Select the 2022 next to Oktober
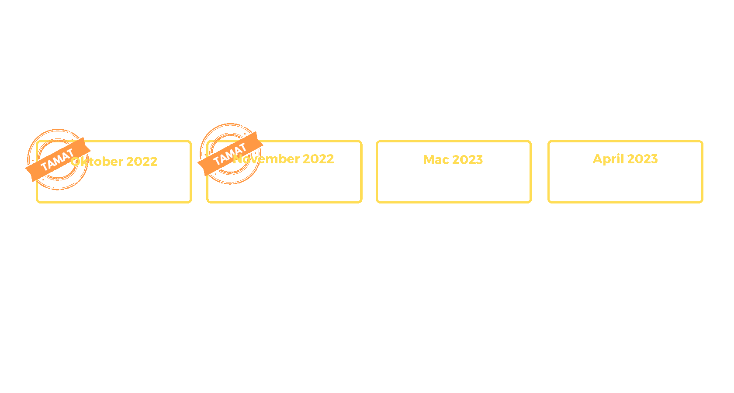142,162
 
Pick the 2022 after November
319,159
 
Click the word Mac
436,160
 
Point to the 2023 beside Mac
467,160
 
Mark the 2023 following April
642,159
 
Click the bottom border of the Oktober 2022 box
114,202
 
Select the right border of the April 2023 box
702,172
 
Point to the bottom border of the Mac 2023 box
454,202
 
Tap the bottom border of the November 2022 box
284,202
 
